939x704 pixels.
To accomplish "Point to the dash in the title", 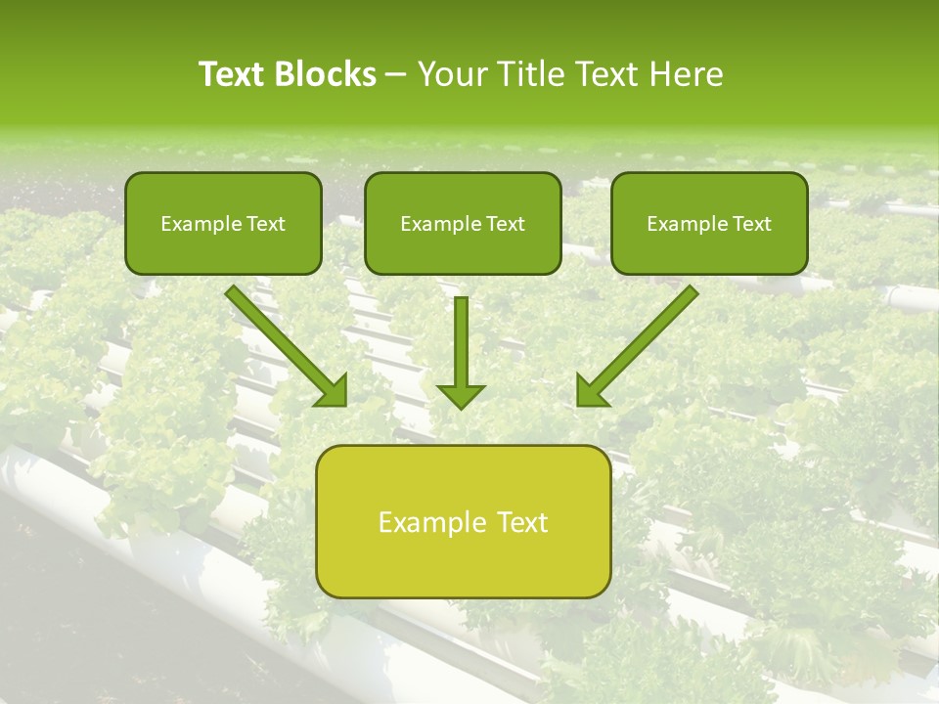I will pyautogui.click(x=396, y=75).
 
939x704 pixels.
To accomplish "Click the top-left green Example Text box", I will pyautogui.click(x=223, y=223).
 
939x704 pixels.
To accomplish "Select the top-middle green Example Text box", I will pyautogui.click(x=463, y=223).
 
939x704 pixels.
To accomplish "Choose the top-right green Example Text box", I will pyautogui.click(x=709, y=223).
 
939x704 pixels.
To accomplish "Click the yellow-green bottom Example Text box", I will pyautogui.click(x=464, y=521).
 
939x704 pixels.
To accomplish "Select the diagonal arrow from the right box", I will pyautogui.click(x=641, y=341).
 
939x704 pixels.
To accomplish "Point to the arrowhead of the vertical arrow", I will pyautogui.click(x=461, y=395).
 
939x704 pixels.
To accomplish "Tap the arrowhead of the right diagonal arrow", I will pyautogui.click(x=591, y=390).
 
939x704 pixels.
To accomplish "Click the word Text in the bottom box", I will pyautogui.click(x=523, y=522).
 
